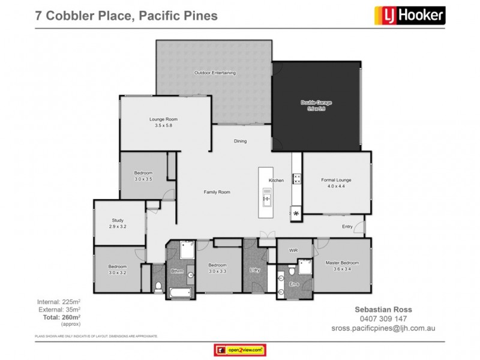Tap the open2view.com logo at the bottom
coord(239,349)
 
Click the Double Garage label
coord(316,106)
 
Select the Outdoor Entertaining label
coord(215,73)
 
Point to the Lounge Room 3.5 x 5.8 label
coord(163,122)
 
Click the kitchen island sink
coord(266,196)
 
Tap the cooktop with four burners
coord(296,178)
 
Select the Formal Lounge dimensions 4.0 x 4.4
coord(336,186)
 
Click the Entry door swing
coord(359,226)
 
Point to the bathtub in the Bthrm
coord(179,292)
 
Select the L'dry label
coord(254,270)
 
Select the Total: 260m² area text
coord(58,316)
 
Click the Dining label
coord(240,141)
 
